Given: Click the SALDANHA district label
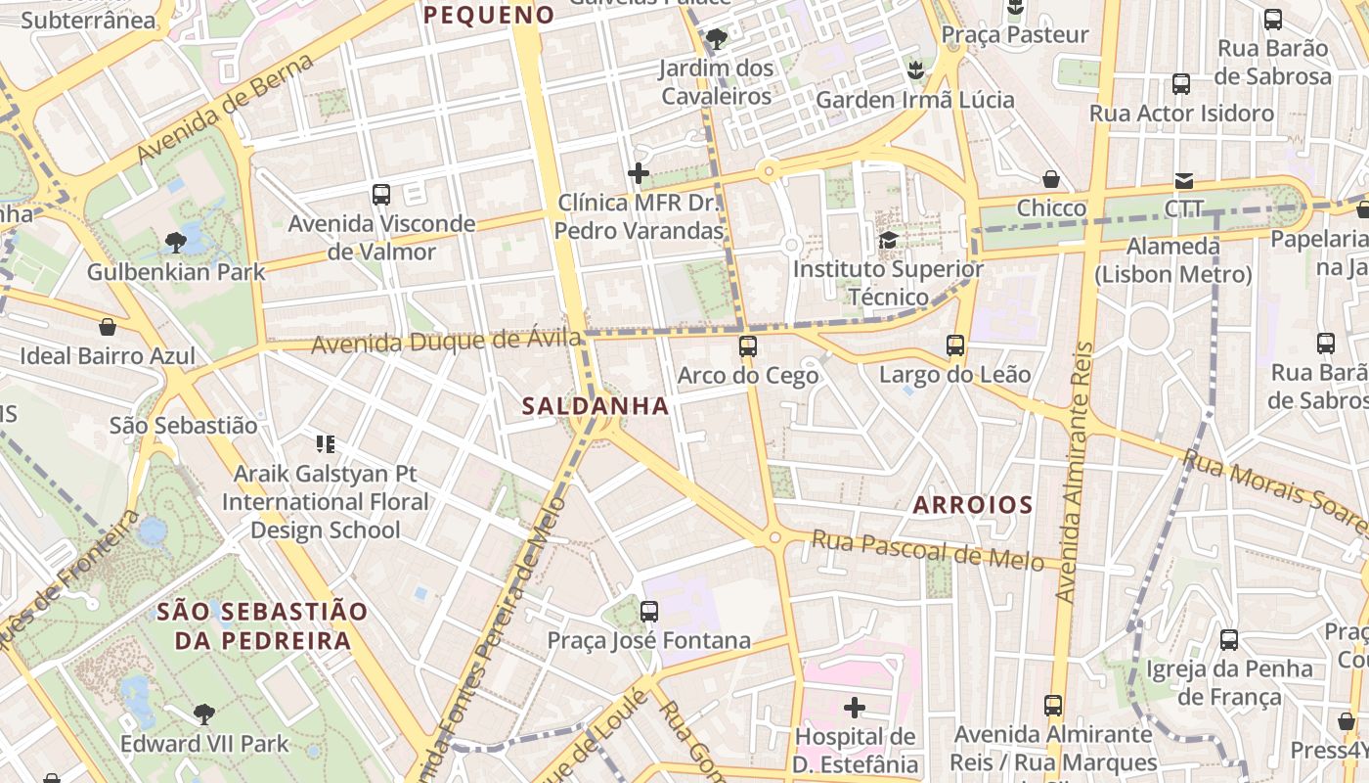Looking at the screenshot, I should point(596,406).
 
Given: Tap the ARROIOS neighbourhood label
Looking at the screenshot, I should point(972,505).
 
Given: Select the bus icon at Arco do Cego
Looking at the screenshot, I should point(748,346).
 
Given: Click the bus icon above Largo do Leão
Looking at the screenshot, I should point(955,345).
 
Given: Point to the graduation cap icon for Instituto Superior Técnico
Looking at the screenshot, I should point(888,241).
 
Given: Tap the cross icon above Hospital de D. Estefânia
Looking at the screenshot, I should point(855,707).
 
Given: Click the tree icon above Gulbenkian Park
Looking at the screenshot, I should point(176,242).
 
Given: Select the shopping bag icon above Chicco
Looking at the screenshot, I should point(1051,179).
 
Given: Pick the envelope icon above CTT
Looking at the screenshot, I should point(1184,180).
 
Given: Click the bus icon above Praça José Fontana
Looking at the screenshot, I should point(648,613).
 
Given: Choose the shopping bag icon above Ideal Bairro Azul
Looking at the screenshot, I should point(108,327).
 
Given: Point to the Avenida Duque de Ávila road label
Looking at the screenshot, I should point(446,344).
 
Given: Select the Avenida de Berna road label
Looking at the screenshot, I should point(226,109).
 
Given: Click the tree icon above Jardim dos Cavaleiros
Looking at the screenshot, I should point(717,39).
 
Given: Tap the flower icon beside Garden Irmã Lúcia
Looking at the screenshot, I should point(915,69).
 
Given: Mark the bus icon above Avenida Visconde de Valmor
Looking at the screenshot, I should point(381,195).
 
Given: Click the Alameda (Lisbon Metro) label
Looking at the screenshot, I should point(1172,260).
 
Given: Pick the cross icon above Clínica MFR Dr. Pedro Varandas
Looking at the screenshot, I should point(639,174).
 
